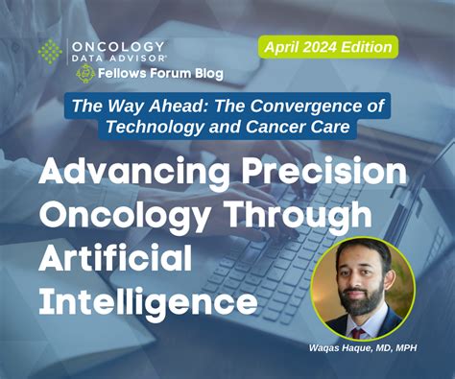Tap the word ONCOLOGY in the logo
coord(117,46)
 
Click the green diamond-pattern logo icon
coord(51,53)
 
